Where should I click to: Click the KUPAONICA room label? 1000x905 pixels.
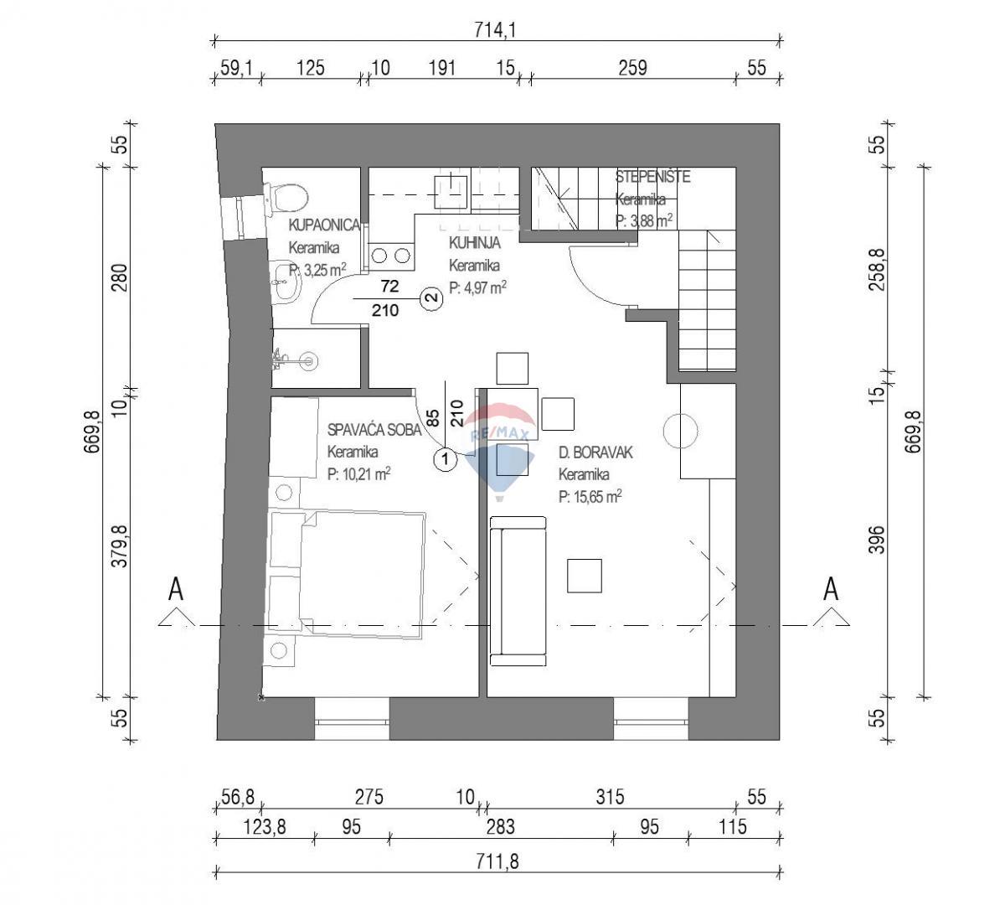(x=324, y=225)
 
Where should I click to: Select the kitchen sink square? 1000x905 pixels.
(x=451, y=190)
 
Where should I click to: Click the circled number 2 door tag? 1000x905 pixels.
(x=431, y=297)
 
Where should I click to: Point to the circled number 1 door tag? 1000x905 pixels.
(x=445, y=459)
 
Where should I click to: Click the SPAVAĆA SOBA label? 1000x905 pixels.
(x=374, y=430)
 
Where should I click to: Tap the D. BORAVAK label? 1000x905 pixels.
(x=595, y=452)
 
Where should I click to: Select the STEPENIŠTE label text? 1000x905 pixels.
(x=652, y=177)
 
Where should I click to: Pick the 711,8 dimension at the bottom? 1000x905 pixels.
(x=499, y=861)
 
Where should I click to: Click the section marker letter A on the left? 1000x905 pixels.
(x=176, y=589)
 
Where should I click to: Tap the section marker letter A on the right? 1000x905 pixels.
(x=831, y=589)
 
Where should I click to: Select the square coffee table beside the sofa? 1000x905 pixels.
(x=585, y=576)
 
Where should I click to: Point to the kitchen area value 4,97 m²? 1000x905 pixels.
(x=477, y=288)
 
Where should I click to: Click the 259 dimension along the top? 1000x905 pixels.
(x=631, y=68)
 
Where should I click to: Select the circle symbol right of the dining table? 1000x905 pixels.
(x=680, y=432)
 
